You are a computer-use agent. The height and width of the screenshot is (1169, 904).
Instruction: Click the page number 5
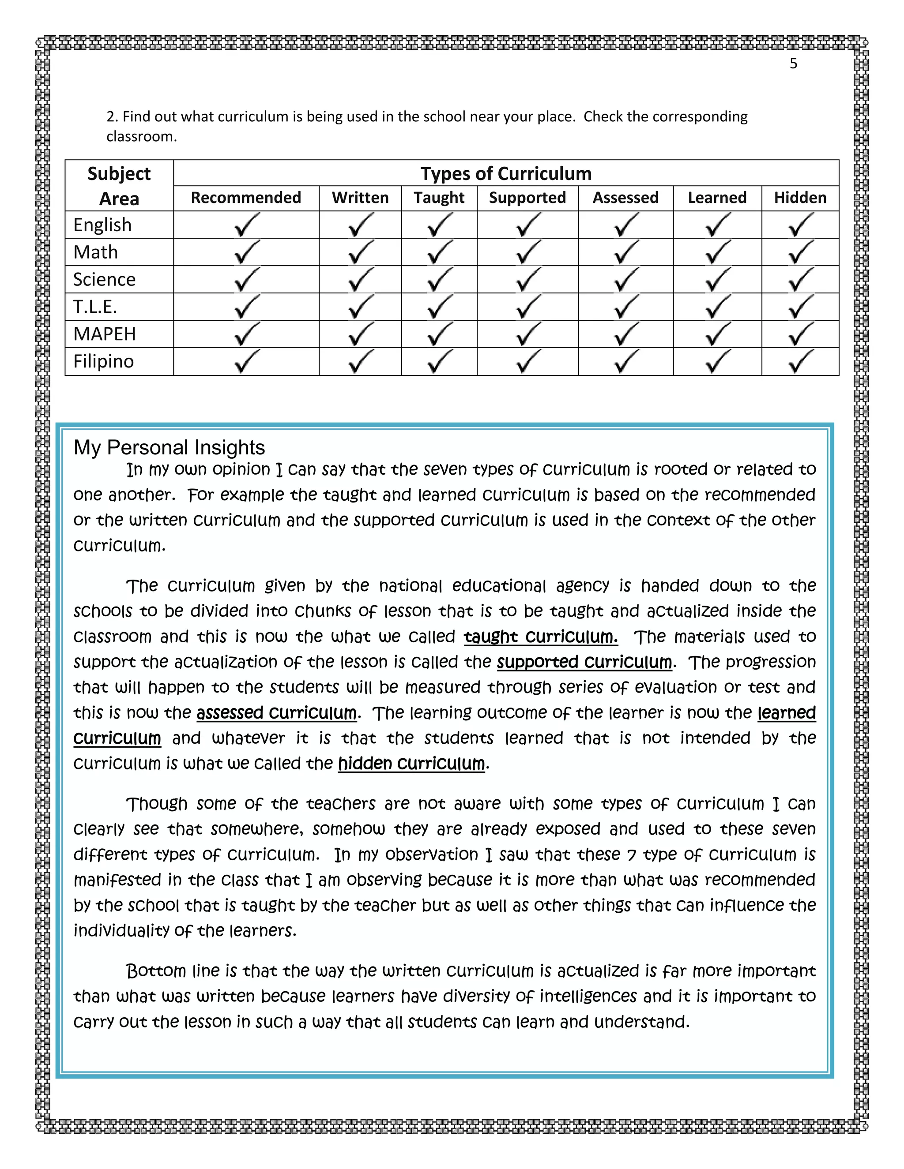(x=793, y=64)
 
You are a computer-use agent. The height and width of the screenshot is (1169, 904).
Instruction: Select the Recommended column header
(x=246, y=198)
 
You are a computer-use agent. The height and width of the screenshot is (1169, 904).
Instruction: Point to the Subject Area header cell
(x=119, y=186)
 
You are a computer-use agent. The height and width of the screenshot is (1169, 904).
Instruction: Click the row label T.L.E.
(x=95, y=307)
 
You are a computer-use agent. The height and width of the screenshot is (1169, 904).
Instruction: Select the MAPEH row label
(x=105, y=334)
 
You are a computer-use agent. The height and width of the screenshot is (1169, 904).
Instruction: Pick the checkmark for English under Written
(x=361, y=225)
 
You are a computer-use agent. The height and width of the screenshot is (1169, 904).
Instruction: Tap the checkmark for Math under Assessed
(x=625, y=252)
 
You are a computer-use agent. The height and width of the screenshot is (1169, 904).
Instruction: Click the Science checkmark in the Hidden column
(x=800, y=279)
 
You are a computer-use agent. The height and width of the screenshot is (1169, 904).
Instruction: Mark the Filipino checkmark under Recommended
(x=246, y=361)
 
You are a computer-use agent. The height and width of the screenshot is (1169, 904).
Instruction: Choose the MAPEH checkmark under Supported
(x=527, y=334)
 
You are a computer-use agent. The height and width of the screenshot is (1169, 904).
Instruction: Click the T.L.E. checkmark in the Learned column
(x=717, y=307)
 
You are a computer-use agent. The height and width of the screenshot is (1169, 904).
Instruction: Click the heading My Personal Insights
(x=169, y=447)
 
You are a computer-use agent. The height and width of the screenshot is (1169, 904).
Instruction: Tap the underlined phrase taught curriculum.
(x=540, y=637)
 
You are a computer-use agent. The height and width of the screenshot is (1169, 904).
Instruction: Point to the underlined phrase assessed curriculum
(x=276, y=713)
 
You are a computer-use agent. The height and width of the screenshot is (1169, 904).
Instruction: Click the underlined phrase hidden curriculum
(x=411, y=764)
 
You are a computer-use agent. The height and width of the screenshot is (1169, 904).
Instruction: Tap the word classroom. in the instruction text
(x=141, y=136)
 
